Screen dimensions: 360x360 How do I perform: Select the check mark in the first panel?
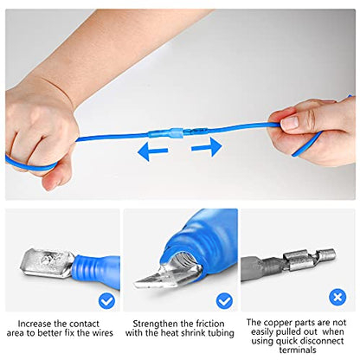(106, 299)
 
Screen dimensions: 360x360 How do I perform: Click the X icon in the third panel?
(337, 297)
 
